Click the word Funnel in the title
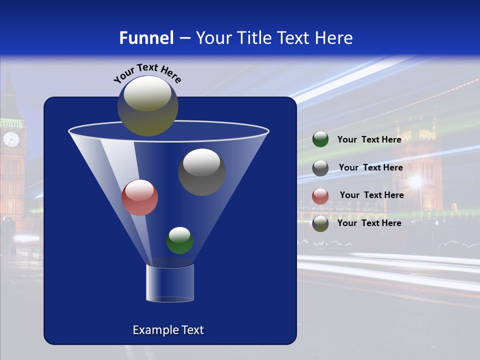click(x=146, y=38)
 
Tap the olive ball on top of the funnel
click(x=147, y=105)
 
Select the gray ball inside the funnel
click(x=201, y=172)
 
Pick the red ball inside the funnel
click(x=139, y=197)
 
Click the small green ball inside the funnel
click(x=179, y=240)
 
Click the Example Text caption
click(x=168, y=330)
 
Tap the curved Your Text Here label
click(x=147, y=73)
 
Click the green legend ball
click(x=320, y=139)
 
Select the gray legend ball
click(x=320, y=168)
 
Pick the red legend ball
click(x=320, y=196)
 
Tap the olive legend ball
click(x=320, y=223)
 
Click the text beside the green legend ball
click(x=369, y=140)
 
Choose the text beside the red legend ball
click(x=371, y=195)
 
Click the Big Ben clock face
click(x=11, y=139)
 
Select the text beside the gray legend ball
click(x=370, y=168)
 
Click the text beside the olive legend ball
click(x=369, y=223)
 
